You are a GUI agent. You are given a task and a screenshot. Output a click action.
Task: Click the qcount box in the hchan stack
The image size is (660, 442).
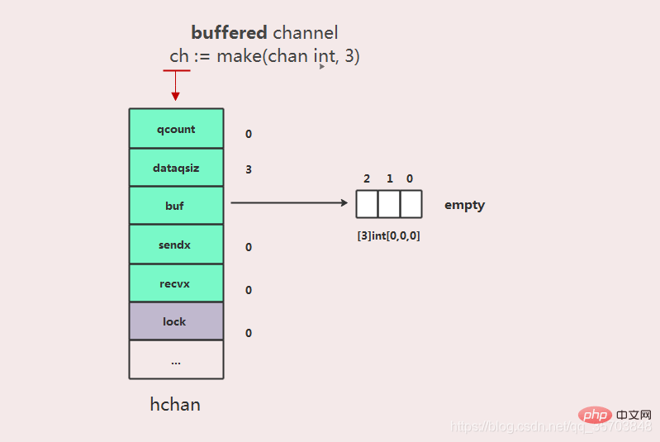point(176,128)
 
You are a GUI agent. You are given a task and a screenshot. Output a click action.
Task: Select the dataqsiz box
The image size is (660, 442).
point(176,167)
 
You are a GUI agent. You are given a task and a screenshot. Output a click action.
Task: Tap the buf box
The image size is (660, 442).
point(176,206)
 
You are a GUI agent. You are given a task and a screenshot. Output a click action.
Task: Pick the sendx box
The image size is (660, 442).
point(176,245)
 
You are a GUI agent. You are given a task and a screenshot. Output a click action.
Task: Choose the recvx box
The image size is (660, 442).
point(176,283)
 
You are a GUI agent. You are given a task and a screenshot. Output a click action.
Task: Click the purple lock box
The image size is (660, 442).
point(176,321)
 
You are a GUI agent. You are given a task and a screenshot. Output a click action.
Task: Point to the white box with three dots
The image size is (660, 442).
point(176,359)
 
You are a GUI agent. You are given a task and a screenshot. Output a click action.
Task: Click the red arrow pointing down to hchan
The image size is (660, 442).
point(175,85)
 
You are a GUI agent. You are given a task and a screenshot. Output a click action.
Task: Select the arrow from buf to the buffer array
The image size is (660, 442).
point(289,203)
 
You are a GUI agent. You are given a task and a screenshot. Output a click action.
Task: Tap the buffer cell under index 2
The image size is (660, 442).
point(367,204)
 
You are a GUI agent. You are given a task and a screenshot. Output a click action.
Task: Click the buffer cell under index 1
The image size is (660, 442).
point(389,204)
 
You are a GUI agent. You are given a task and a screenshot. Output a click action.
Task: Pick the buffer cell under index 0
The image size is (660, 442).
point(411,204)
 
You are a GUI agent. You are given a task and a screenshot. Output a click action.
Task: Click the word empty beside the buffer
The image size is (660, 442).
point(465,205)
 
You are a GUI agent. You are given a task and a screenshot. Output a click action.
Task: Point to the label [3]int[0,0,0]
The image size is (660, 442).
point(388,235)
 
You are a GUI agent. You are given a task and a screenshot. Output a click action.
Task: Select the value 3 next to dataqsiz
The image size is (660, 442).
point(249,169)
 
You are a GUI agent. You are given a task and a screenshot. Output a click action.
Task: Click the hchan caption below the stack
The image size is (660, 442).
point(175,404)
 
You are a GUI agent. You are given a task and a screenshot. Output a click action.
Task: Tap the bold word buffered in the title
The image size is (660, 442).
point(229,32)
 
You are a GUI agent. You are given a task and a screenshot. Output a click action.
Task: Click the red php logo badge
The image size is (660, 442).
point(595,415)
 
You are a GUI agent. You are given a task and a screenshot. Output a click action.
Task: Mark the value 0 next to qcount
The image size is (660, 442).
point(249,134)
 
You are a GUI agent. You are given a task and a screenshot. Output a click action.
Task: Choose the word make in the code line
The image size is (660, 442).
point(239,56)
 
